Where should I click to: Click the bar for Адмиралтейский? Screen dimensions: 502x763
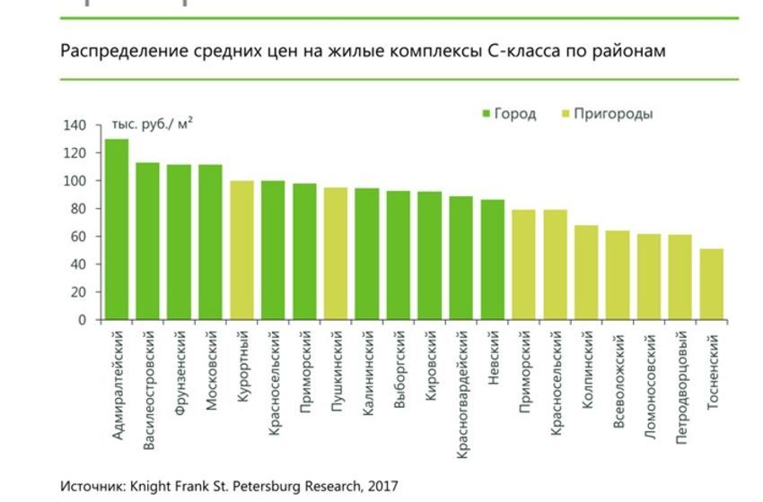117,229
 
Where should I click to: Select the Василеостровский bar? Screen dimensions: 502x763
147,241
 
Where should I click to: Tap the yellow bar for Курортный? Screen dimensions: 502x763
241,250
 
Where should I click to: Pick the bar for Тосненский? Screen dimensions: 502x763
712,284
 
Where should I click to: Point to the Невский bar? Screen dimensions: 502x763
492,260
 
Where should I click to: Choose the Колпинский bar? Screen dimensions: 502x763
586,273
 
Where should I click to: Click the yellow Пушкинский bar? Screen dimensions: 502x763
336,254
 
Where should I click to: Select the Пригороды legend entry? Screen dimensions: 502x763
606,114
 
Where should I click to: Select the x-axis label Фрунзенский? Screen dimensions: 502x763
180,369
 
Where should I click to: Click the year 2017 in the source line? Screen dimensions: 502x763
381,486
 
